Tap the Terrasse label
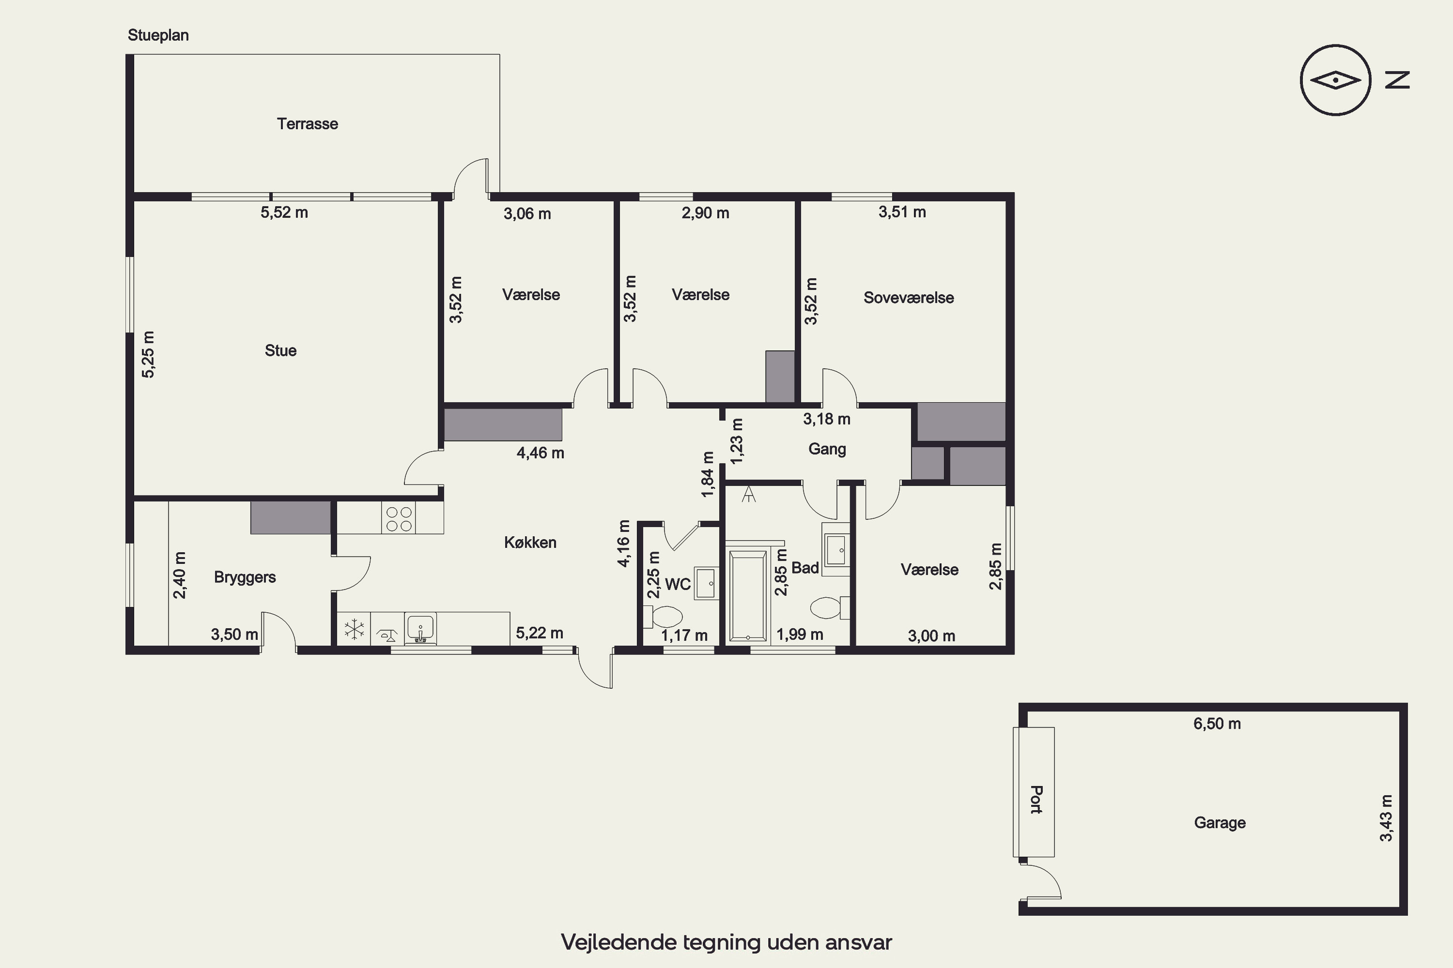(x=307, y=123)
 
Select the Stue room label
(x=280, y=350)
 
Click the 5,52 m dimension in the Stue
(x=284, y=212)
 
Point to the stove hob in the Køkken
(x=399, y=518)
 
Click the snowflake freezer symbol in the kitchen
(x=354, y=629)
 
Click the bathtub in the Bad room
(x=748, y=595)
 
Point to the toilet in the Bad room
(x=830, y=607)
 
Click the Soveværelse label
(x=908, y=298)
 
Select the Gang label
(x=827, y=449)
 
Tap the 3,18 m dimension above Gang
(x=827, y=419)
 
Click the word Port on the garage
(x=1036, y=800)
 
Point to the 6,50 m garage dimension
(x=1217, y=724)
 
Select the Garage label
(x=1220, y=823)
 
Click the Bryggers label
(x=245, y=577)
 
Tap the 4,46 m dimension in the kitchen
(x=541, y=453)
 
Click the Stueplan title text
(x=158, y=35)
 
